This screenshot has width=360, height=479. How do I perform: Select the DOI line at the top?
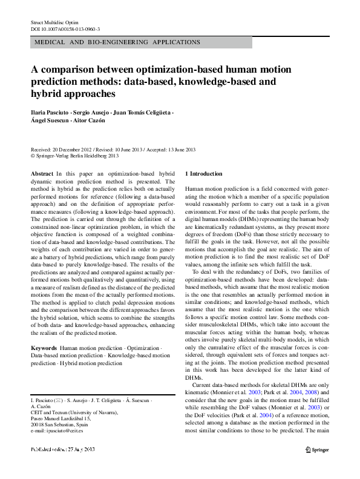click(65, 28)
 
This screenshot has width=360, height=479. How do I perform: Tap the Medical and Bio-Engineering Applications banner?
click(118, 42)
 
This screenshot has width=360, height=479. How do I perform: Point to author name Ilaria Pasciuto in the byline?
click(51, 113)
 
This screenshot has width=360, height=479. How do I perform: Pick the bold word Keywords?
click(44, 349)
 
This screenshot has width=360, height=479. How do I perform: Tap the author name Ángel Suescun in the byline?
click(51, 121)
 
